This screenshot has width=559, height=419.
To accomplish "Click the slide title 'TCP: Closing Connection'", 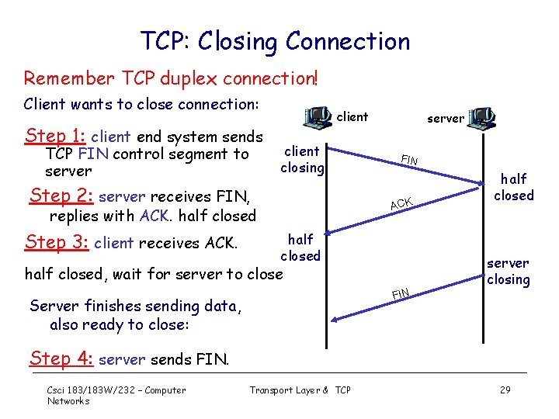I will point(275,41).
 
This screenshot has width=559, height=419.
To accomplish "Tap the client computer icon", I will point(318,117).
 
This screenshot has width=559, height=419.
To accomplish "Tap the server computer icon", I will point(481,118).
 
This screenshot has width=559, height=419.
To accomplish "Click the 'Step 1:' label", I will point(54,136).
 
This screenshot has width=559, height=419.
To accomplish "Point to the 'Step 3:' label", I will point(57,242).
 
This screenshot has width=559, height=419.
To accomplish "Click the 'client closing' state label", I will point(301,159).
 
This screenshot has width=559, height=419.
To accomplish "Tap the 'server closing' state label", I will point(508,272).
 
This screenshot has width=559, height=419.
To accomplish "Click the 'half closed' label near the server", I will point(513,187).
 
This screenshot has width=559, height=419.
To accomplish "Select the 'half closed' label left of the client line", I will point(300,248).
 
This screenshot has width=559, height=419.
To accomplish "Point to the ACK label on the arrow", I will point(401,203).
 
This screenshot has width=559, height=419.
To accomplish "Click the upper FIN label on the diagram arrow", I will point(409,161).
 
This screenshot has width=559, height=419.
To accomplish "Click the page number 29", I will point(505,390).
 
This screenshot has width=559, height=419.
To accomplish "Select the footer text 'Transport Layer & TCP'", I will point(300,390).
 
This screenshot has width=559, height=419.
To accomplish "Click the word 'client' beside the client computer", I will point(353,117).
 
